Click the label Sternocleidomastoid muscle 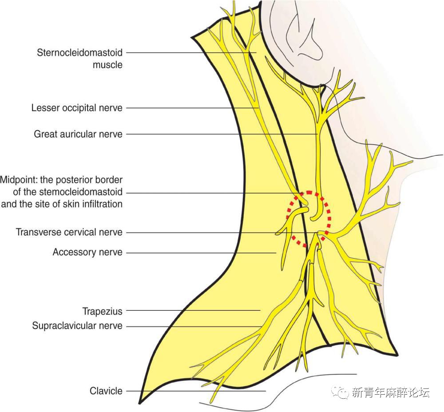click(x=79, y=53)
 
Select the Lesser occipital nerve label click(x=76, y=108)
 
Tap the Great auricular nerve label click(x=78, y=134)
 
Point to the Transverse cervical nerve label click(x=69, y=232)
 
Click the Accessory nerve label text click(x=87, y=252)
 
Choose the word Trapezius click(x=102, y=311)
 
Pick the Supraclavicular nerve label click(x=77, y=326)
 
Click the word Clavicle click(x=106, y=391)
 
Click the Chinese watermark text click(x=391, y=392)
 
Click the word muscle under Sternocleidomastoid click(x=107, y=65)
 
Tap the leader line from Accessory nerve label click(x=200, y=253)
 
